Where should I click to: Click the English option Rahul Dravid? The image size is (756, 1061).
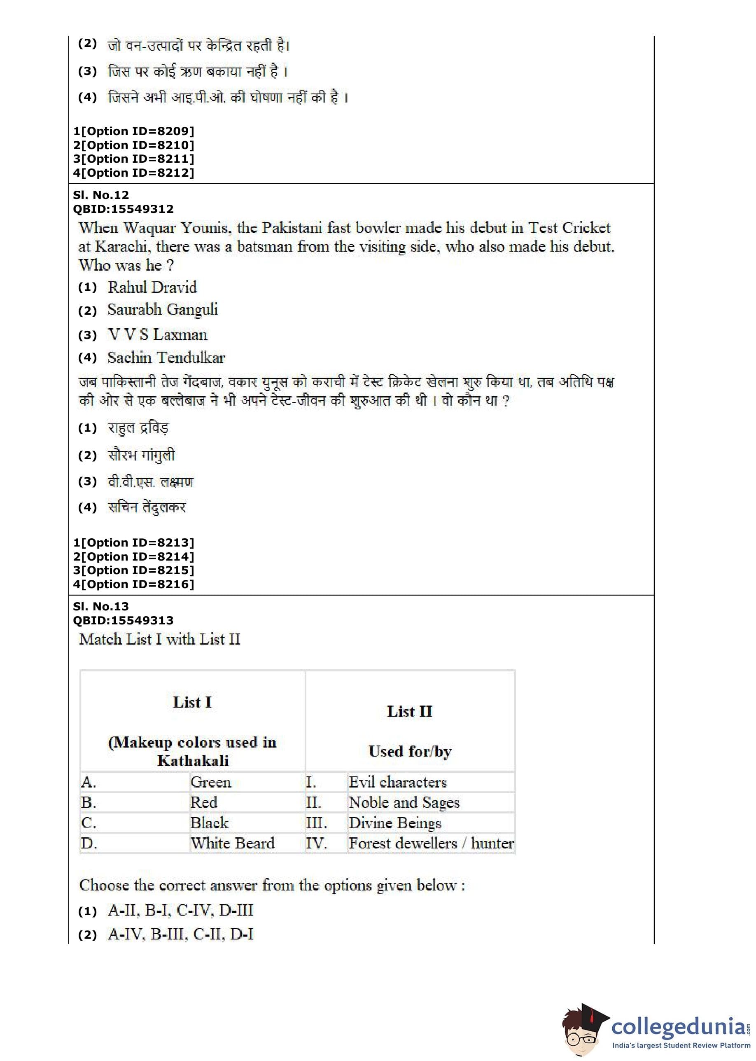pyautogui.click(x=152, y=287)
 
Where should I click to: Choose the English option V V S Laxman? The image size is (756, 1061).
pyautogui.click(x=157, y=335)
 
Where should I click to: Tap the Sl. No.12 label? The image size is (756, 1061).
pyautogui.click(x=100, y=195)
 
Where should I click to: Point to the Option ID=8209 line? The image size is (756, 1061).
pyautogui.click(x=133, y=131)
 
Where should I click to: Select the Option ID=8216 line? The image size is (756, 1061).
pyautogui.click(x=133, y=584)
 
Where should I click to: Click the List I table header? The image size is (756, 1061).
pyautogui.click(x=192, y=702)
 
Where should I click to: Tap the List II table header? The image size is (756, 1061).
pyautogui.click(x=409, y=711)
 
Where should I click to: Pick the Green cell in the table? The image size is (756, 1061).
pyautogui.click(x=210, y=782)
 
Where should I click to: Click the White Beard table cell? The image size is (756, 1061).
pyautogui.click(x=232, y=843)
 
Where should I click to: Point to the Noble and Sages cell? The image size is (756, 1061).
pyautogui.click(x=404, y=803)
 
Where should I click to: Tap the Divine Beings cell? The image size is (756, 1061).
pyautogui.click(x=394, y=823)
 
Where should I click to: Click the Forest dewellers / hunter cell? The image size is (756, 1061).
pyautogui.click(x=431, y=843)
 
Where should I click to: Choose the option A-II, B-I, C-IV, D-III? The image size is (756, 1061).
pyautogui.click(x=180, y=910)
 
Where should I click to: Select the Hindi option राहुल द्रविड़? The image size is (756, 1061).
pyautogui.click(x=138, y=428)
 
